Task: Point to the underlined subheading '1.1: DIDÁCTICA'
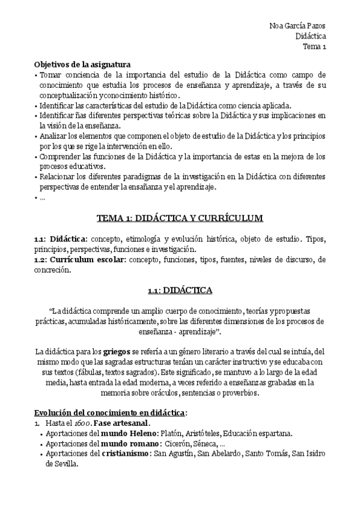coord(180,290)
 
